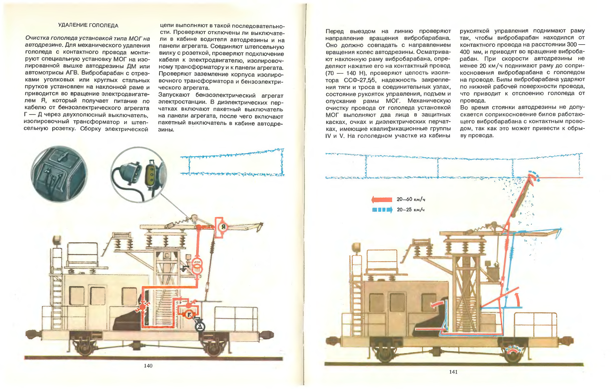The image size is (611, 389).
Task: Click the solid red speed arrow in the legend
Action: tap(382, 200)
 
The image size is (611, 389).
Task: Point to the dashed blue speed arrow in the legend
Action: tap(382, 210)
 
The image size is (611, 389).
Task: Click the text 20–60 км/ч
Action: tap(411, 200)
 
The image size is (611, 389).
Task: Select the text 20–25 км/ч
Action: tap(411, 210)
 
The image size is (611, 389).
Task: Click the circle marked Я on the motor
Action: tap(223, 227)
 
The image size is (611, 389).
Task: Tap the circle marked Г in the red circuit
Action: tap(189, 315)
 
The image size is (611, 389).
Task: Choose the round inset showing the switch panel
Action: tap(59, 174)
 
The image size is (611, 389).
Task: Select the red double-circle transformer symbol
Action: tap(197, 266)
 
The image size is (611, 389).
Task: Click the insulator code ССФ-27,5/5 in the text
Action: tap(359, 80)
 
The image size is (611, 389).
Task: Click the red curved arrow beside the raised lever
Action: tap(517, 299)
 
